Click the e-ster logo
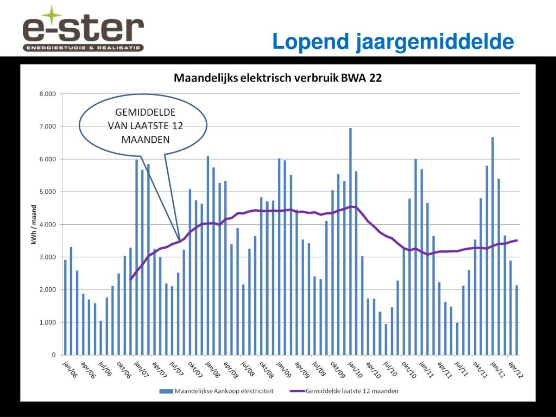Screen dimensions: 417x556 pyautogui.click(x=83, y=29)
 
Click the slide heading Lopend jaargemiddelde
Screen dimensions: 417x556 pyautogui.click(x=393, y=41)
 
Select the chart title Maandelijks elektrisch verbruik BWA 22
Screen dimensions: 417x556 pyautogui.click(x=277, y=78)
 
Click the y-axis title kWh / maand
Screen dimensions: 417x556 pyautogui.click(x=34, y=224)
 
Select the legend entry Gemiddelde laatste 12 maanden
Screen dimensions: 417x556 pyautogui.click(x=353, y=390)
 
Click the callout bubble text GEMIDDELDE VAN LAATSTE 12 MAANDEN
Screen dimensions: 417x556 pyautogui.click(x=144, y=125)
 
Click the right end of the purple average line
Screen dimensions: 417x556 pyautogui.click(x=516, y=240)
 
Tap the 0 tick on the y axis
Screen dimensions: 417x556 pyautogui.click(x=53, y=355)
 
